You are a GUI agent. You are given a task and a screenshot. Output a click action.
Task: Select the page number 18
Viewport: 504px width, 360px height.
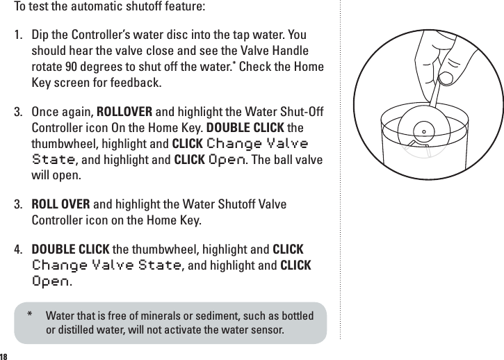click(5, 356)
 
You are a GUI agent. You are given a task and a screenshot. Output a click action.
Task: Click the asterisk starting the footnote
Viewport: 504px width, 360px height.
click(30, 316)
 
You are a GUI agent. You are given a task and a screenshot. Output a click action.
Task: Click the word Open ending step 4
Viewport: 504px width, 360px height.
click(51, 282)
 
